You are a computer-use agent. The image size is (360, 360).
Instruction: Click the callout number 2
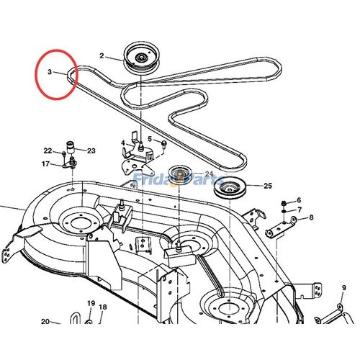102,55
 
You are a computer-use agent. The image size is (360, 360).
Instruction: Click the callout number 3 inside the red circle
50,72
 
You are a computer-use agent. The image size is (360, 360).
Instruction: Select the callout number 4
123,143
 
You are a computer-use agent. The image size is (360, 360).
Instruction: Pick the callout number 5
150,139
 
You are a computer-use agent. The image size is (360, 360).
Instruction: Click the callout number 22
48,150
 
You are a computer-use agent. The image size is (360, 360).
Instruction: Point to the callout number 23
91,150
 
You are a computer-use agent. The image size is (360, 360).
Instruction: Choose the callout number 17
45,164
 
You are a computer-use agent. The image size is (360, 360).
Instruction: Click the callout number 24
209,174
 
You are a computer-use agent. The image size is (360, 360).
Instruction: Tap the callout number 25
269,186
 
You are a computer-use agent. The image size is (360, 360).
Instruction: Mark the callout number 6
299,199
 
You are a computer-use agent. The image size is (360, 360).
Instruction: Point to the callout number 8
311,217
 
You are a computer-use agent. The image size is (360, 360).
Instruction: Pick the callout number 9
344,288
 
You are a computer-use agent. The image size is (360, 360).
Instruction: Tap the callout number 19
91,303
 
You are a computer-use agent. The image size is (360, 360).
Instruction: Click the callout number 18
103,307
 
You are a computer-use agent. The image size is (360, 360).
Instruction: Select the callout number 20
45,321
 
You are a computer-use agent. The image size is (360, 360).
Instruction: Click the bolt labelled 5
164,144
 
